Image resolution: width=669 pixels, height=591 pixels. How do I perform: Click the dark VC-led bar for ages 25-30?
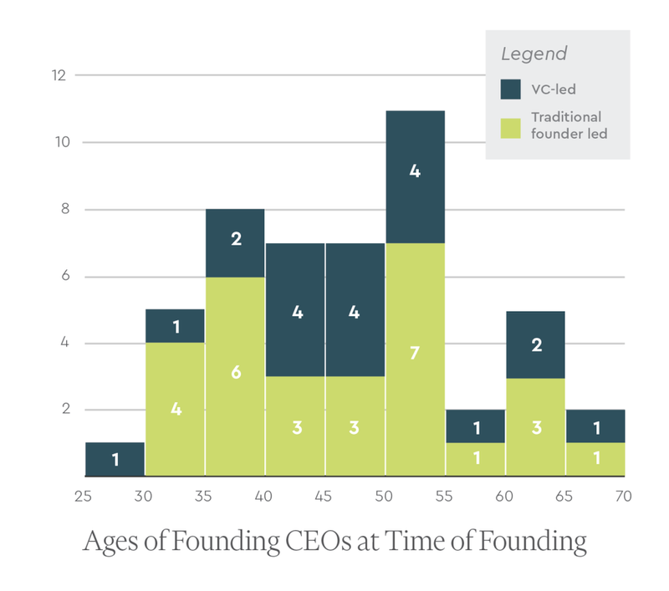point(115,459)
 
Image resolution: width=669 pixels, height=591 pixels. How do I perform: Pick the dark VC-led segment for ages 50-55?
point(415,176)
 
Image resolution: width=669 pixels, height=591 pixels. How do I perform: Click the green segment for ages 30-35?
point(175,410)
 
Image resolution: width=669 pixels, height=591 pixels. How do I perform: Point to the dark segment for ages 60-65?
point(534,344)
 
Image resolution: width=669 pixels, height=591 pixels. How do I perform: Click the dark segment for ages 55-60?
point(474,426)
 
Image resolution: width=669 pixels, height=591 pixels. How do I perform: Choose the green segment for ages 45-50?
point(355,426)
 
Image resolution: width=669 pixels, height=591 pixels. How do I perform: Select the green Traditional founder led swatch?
point(510,126)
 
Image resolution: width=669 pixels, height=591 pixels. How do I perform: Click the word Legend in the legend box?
point(534,54)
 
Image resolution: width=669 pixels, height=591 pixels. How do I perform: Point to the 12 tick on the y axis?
point(59,75)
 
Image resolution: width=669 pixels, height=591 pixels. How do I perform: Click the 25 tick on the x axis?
point(83,497)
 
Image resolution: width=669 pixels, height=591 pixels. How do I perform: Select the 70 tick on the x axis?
point(622,497)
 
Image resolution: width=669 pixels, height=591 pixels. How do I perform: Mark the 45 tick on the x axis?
point(323,497)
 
